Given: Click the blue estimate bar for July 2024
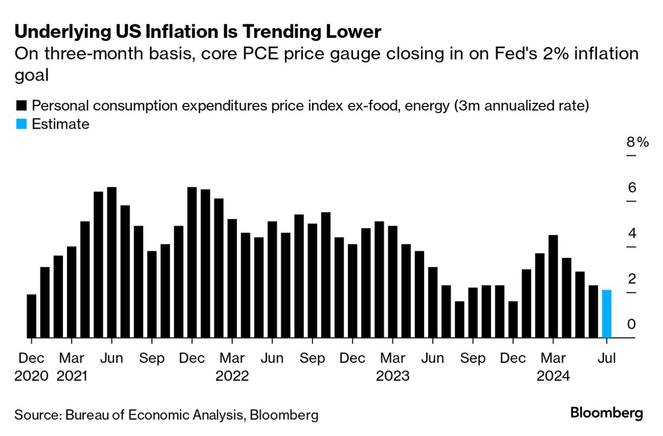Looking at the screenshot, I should [607, 314].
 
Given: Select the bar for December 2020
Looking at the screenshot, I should [31, 316].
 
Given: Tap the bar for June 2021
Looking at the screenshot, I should [111, 263].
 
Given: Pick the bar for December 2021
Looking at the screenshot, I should [192, 263].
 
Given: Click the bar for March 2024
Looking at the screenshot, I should [553, 287].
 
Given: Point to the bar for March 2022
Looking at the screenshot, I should [232, 279].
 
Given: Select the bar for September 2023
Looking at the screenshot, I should [473, 313].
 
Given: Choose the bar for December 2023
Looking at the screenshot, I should [513, 320].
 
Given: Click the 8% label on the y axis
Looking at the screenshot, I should [637, 142].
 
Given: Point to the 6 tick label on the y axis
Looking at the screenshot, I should [632, 188].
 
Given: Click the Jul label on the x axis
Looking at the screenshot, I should [607, 358].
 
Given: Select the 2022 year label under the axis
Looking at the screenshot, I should [232, 375].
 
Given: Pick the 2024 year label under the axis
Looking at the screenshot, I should [553, 375].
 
